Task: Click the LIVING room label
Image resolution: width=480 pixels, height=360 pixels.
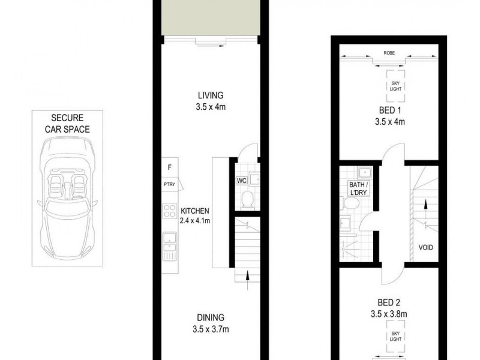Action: pyautogui.click(x=211, y=95)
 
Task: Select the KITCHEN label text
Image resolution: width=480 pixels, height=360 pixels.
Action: pyautogui.click(x=194, y=211)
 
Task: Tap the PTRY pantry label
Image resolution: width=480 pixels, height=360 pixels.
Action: pyautogui.click(x=169, y=184)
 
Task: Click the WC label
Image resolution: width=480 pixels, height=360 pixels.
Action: pyautogui.click(x=241, y=179)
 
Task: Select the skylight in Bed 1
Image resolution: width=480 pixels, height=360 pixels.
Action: pyautogui.click(x=395, y=85)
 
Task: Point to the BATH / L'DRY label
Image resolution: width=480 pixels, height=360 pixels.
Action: pyautogui.click(x=358, y=188)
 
